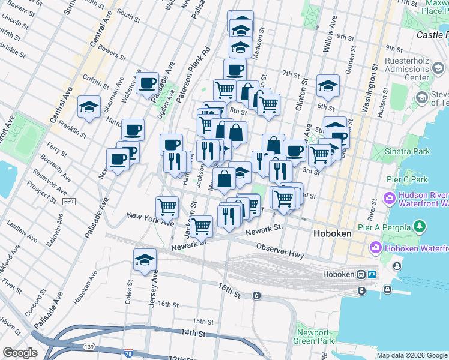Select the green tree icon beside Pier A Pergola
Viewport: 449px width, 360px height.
[x=421, y=227]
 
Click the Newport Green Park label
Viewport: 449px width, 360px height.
[x=313, y=337]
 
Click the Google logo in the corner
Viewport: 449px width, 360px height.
[x=20, y=353]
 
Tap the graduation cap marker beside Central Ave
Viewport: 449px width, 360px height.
[x=89, y=107]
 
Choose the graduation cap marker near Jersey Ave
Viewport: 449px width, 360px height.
[x=145, y=259]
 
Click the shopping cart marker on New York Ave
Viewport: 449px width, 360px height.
[x=167, y=207]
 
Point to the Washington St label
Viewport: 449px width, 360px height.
[x=367, y=90]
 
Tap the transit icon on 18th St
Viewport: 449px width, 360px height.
[x=256, y=295]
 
